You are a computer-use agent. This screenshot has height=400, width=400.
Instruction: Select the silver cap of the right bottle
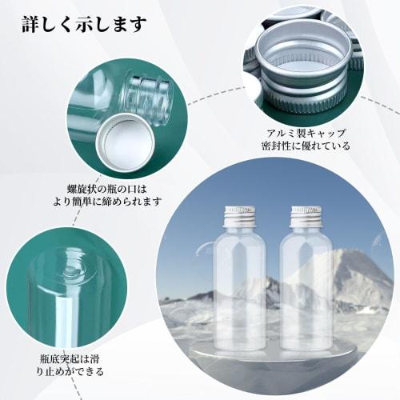[x=304, y=214]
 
